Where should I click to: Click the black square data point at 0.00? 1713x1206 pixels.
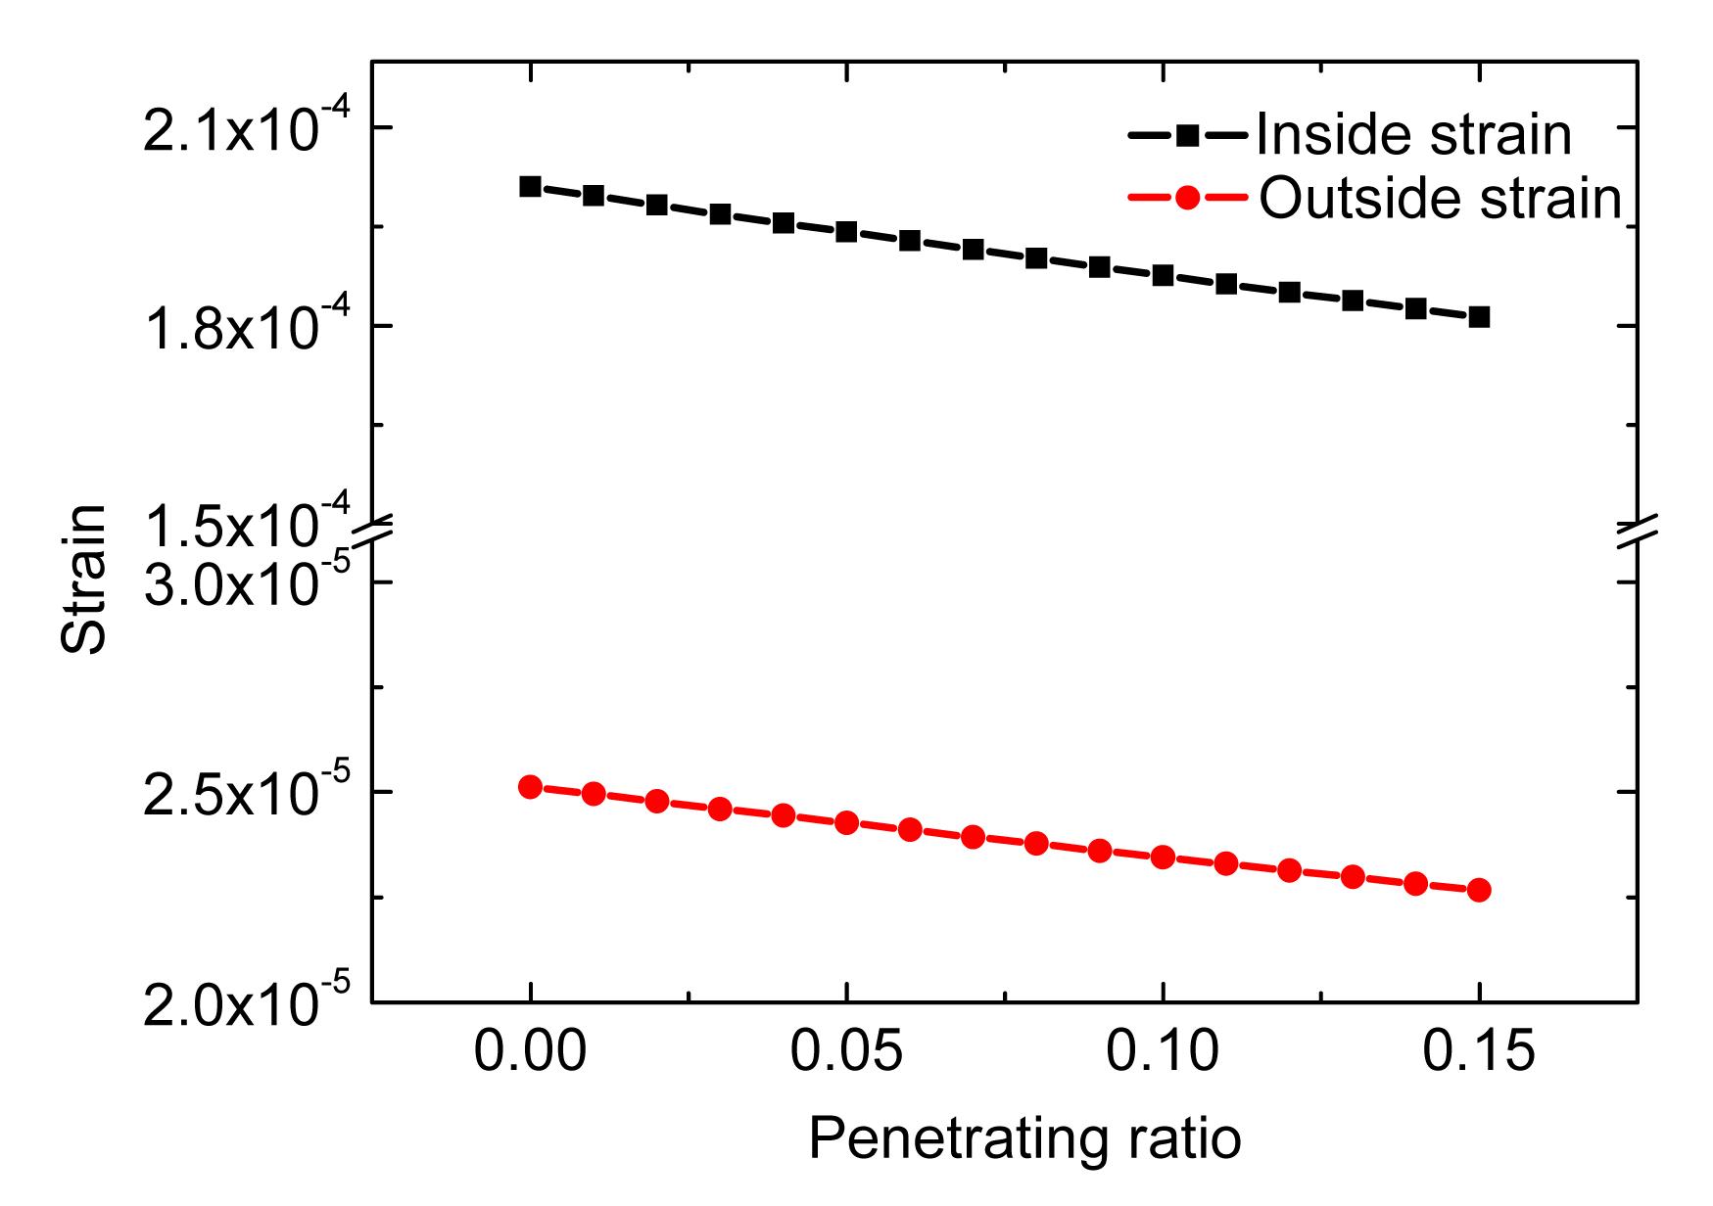530,186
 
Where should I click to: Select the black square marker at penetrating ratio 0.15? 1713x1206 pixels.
1479,317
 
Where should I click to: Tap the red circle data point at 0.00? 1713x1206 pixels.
530,787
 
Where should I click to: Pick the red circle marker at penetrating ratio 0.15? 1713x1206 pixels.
1479,890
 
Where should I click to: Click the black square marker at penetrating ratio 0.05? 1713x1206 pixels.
846,232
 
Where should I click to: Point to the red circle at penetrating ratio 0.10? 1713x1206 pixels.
1163,858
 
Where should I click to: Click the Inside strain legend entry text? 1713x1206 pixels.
1413,134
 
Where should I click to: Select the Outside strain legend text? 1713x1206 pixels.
1440,198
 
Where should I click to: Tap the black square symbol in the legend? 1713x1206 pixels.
1188,134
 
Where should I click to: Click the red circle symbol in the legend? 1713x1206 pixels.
1188,198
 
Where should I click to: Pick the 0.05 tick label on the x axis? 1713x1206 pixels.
846,1055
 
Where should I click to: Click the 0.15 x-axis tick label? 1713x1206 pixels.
1479,1055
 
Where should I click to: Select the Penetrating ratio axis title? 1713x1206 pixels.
1024,1139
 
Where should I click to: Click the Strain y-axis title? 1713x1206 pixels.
82,580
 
